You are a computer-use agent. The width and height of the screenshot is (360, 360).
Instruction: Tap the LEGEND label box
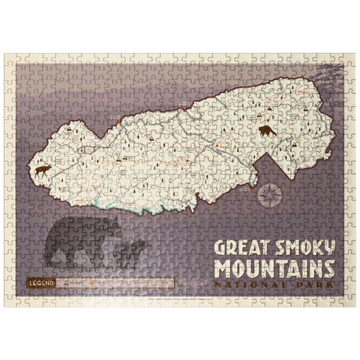(x=38, y=283)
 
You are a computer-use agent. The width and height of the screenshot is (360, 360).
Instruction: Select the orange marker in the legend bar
(x=92, y=283)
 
